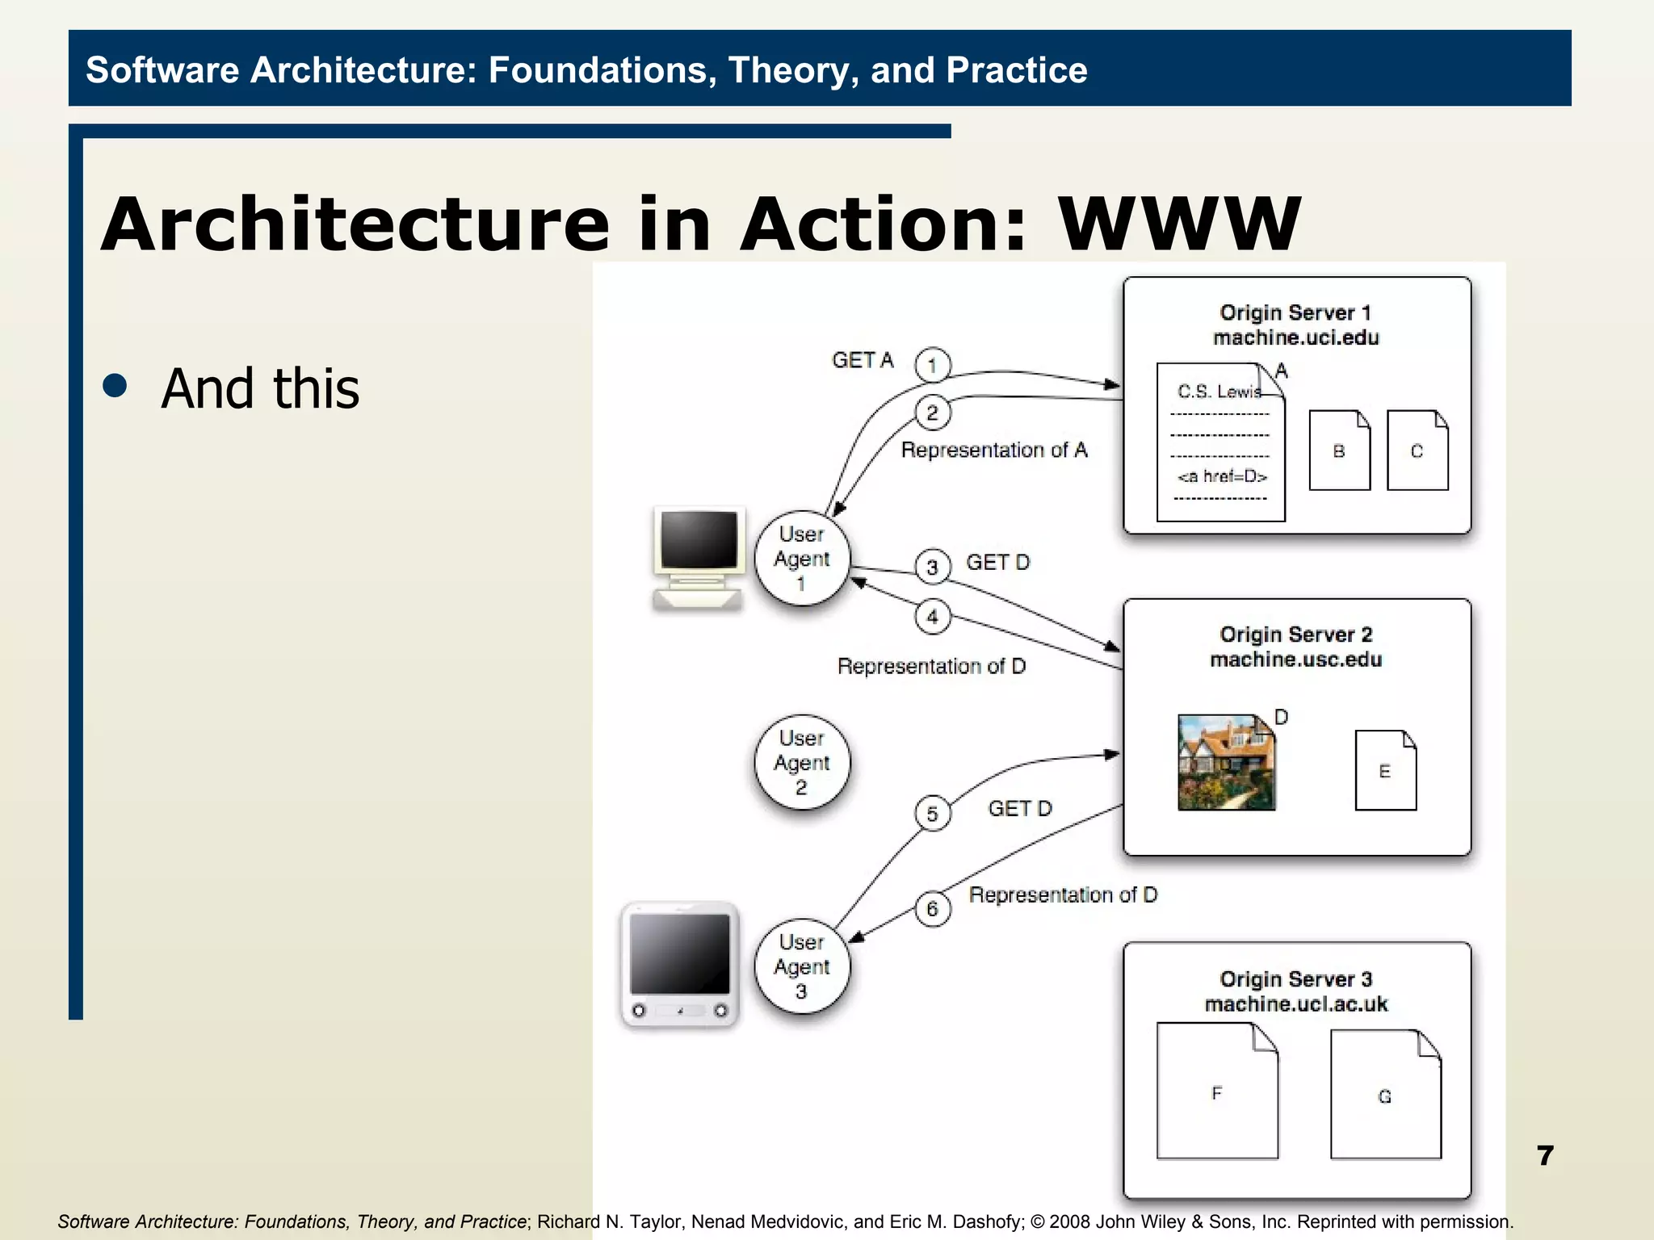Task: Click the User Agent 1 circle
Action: [x=802, y=559]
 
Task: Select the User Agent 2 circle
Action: [x=802, y=762]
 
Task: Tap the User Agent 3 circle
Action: [x=802, y=966]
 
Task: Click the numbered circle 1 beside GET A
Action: [x=932, y=365]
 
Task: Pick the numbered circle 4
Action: [x=932, y=617]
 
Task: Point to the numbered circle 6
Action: [x=932, y=909]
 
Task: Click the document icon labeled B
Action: [x=1339, y=450]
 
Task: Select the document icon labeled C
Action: [x=1417, y=450]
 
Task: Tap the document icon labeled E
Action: [x=1385, y=770]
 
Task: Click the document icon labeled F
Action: [x=1217, y=1091]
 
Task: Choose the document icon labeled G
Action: [x=1385, y=1095]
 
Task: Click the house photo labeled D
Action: [x=1226, y=762]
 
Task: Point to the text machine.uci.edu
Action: [x=1295, y=337]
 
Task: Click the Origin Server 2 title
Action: [x=1295, y=635]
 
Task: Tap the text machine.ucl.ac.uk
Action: [x=1295, y=1004]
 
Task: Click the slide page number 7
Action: [x=1545, y=1155]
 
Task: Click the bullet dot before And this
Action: [x=115, y=386]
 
